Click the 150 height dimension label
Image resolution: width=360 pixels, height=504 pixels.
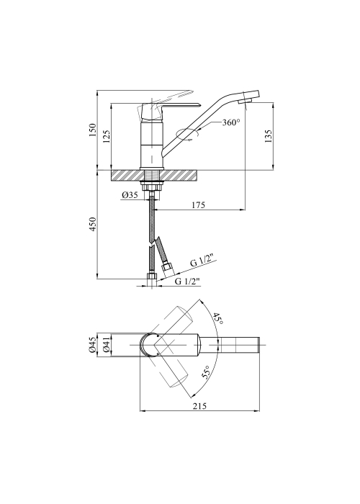tap(93, 130)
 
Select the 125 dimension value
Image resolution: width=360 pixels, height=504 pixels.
tap(107, 136)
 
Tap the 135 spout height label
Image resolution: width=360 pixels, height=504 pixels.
tap(269, 135)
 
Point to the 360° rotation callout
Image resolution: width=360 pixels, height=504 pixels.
tap(231, 122)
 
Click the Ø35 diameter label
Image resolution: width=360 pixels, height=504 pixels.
tap(130, 195)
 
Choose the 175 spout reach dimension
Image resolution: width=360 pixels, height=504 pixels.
tap(198, 204)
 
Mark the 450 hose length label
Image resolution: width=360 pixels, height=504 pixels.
tap(93, 225)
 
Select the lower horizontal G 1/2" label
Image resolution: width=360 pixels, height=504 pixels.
tap(187, 281)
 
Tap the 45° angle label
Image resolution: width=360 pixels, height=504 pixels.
tap(217, 318)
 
